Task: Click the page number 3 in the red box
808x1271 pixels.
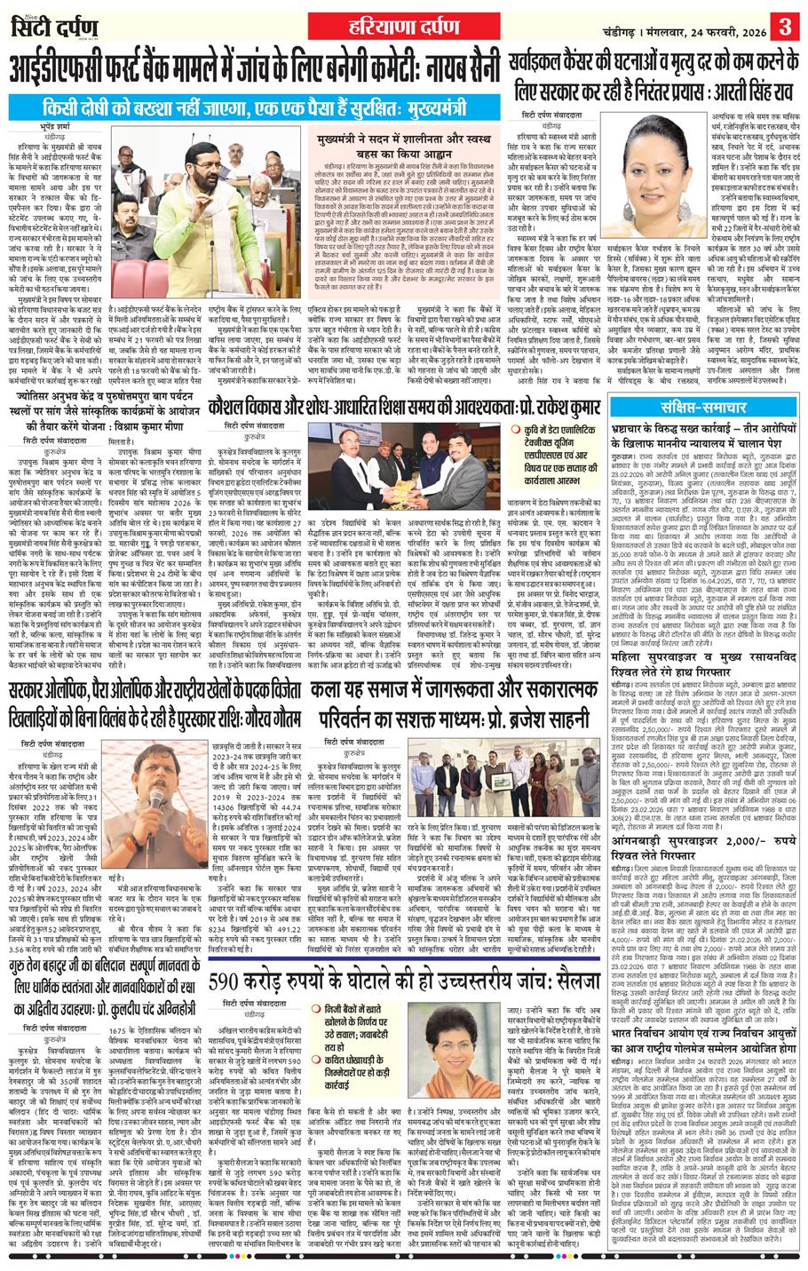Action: (x=787, y=20)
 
